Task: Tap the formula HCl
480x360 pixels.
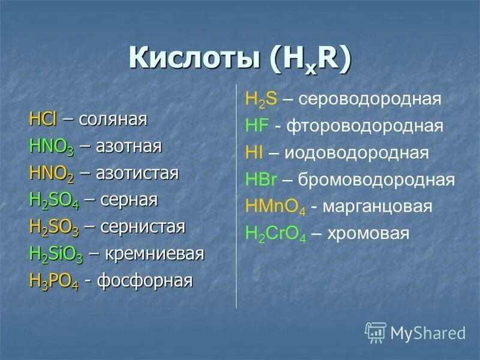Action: pos(43,119)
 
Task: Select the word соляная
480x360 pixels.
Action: pos(112,119)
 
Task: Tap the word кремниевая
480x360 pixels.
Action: pos(155,254)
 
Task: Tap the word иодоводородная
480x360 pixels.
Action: pos(356,154)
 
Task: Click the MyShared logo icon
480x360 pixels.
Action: pos(376,332)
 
